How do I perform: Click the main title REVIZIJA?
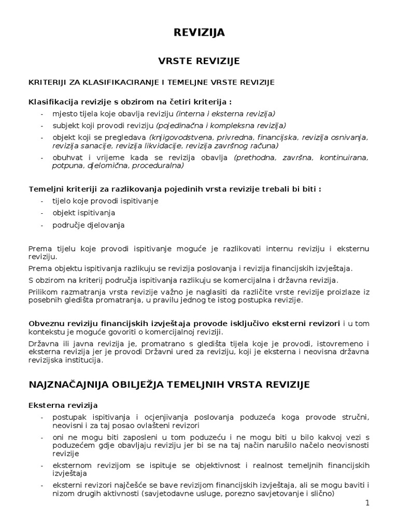(198, 33)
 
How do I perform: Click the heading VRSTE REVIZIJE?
(198, 61)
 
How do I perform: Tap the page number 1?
(366, 504)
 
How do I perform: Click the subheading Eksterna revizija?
(63, 404)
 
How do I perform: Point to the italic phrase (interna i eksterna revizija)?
(225, 113)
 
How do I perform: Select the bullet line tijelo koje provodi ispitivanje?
(105, 200)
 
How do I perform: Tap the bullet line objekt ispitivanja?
(83, 213)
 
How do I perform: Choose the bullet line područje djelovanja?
(89, 225)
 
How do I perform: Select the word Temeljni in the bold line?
(45, 188)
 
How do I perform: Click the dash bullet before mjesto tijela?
(42, 114)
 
